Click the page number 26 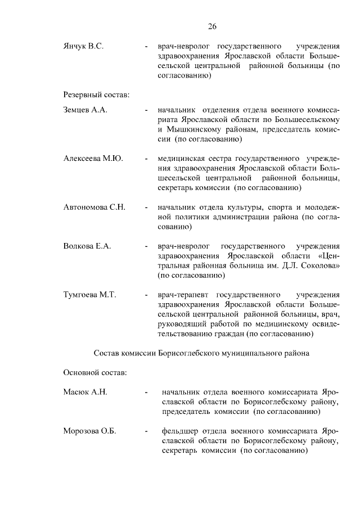(212, 26)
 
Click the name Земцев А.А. (85, 110)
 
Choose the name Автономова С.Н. (94, 207)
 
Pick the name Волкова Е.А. (87, 246)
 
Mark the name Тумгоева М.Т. (89, 295)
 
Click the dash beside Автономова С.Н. (146, 208)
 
